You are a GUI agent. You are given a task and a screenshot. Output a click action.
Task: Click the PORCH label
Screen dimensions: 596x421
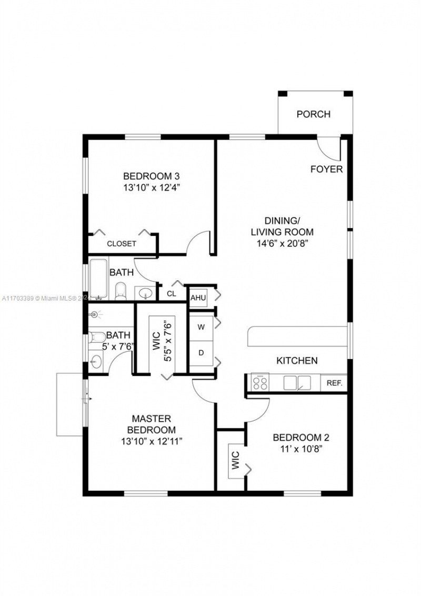(x=313, y=114)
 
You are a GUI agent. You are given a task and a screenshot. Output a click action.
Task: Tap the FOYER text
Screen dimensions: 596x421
(x=326, y=170)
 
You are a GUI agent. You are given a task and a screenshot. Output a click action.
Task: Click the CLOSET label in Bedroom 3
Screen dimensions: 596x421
(x=122, y=244)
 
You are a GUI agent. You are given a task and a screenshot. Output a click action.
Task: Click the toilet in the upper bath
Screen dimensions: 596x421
(x=121, y=291)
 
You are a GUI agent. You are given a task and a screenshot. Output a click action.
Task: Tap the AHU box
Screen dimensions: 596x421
(x=198, y=298)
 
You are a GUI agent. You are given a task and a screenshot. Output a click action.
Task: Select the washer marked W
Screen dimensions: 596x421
(x=201, y=327)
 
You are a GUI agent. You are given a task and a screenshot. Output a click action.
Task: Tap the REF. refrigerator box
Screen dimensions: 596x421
(x=334, y=383)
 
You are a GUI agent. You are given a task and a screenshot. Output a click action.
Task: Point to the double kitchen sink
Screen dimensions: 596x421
(x=297, y=383)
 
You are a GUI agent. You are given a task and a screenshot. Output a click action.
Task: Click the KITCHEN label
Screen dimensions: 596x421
(x=297, y=361)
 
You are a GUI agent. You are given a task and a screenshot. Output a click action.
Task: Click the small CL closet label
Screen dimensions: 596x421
(x=172, y=294)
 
